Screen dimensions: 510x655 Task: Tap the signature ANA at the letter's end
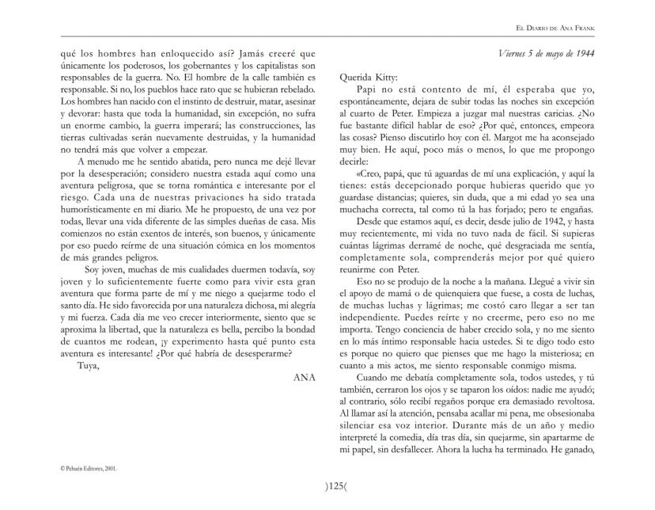304,377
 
